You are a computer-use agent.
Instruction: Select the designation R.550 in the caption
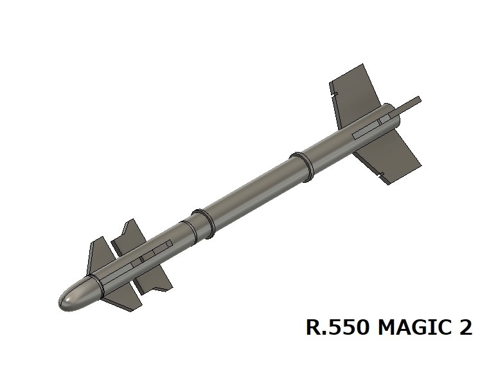[337, 328]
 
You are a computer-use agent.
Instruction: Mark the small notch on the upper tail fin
[336, 96]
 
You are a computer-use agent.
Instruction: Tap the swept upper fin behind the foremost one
[129, 235]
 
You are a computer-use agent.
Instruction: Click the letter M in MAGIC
[386, 328]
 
